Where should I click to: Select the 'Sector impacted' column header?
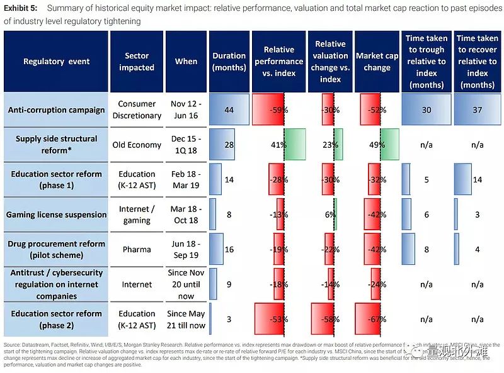click(137, 62)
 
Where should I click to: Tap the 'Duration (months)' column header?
click(229, 62)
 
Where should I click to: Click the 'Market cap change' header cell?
click(377, 62)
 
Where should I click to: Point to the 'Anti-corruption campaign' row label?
click(57, 110)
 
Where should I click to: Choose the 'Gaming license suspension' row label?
click(57, 214)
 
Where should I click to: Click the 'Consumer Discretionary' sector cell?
click(137, 110)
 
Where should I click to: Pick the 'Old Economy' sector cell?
click(137, 145)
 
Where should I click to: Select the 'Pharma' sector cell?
click(137, 250)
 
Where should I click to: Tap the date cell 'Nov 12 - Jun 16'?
click(186, 110)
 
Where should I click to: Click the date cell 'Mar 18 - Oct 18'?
click(186, 214)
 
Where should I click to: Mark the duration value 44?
click(229, 110)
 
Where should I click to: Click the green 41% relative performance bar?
click(295, 145)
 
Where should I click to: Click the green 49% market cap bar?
click(389, 145)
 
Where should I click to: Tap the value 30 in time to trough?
click(427, 110)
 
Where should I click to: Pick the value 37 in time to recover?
click(477, 110)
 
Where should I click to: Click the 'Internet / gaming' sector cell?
click(137, 214)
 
